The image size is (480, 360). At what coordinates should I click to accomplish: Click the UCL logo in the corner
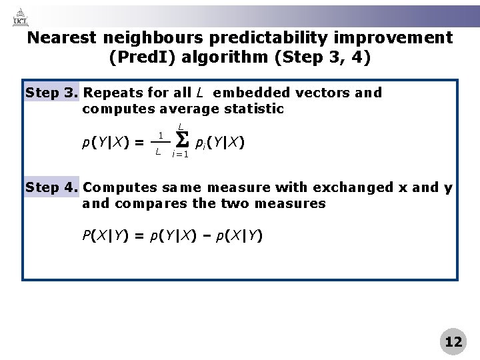click(21, 16)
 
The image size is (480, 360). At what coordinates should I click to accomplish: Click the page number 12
click(453, 341)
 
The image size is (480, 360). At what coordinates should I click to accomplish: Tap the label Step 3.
click(51, 92)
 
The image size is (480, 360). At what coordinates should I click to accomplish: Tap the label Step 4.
click(51, 188)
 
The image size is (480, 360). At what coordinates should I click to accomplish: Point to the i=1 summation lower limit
click(180, 155)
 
